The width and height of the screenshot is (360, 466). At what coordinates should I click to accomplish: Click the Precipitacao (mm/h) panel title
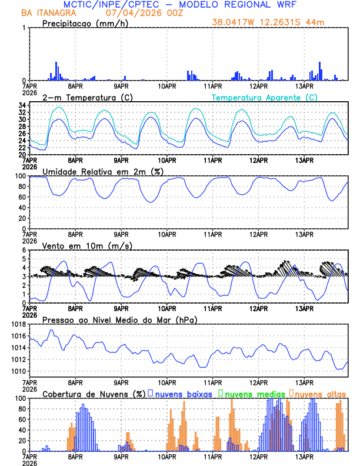point(85,23)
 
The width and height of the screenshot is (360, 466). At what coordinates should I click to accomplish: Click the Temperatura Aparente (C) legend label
point(264,97)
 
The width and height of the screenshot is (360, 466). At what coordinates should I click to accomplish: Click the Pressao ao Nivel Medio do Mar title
point(119,319)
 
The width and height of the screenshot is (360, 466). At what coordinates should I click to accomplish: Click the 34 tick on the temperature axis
point(21,105)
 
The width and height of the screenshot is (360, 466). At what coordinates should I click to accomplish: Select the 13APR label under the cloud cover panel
point(304,457)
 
